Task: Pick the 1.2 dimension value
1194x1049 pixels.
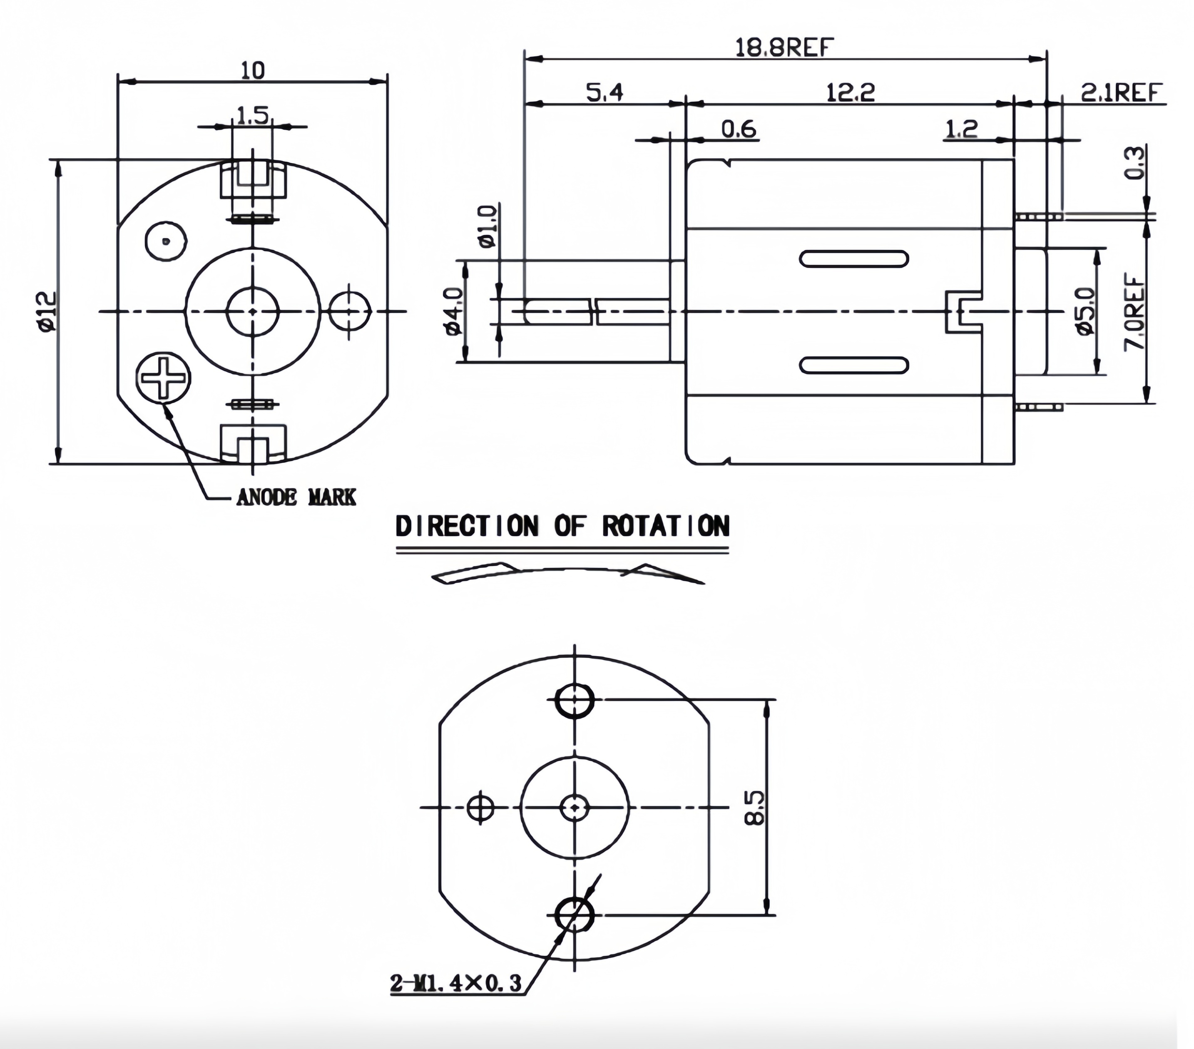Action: click(x=960, y=129)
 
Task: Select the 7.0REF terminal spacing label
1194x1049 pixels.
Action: click(x=1134, y=313)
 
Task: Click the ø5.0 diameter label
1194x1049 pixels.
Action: click(x=1085, y=311)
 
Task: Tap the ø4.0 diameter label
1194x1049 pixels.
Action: click(x=455, y=311)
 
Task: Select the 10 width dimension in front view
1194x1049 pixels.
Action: click(x=252, y=71)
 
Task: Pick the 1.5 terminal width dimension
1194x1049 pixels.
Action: click(x=252, y=115)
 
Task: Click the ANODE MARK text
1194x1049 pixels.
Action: click(x=296, y=497)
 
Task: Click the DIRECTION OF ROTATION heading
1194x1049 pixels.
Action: click(x=562, y=526)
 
